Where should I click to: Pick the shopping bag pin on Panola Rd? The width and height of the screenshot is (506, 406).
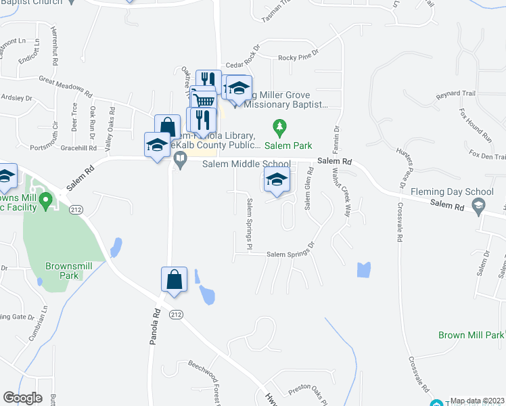click(174, 280)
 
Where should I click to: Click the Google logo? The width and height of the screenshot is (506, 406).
click(22, 398)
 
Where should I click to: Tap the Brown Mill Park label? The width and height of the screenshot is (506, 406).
click(471, 335)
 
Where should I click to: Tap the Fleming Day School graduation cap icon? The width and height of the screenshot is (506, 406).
click(479, 206)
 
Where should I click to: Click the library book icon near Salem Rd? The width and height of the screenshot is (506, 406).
click(180, 160)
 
